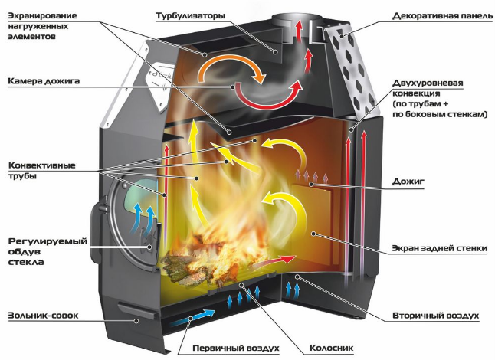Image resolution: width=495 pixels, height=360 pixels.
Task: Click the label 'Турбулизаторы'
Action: point(190,16)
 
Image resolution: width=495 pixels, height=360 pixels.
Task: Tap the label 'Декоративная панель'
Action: point(443,16)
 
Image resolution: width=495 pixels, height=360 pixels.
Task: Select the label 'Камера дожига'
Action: point(44,81)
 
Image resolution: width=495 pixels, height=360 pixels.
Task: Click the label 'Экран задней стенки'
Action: point(439,248)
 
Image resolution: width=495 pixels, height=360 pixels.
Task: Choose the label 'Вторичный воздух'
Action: point(436,316)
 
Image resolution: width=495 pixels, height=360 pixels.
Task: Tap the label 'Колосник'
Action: point(331,348)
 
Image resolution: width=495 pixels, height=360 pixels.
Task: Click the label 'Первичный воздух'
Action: point(236,349)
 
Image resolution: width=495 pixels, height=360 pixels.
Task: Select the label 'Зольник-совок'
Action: point(43,316)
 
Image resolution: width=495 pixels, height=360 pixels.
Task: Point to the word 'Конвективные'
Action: point(42,165)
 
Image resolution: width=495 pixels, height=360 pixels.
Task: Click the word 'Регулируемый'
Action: point(48,241)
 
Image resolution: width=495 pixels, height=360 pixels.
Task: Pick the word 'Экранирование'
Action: point(42,16)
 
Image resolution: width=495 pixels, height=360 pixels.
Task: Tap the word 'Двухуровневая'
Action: point(428,83)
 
